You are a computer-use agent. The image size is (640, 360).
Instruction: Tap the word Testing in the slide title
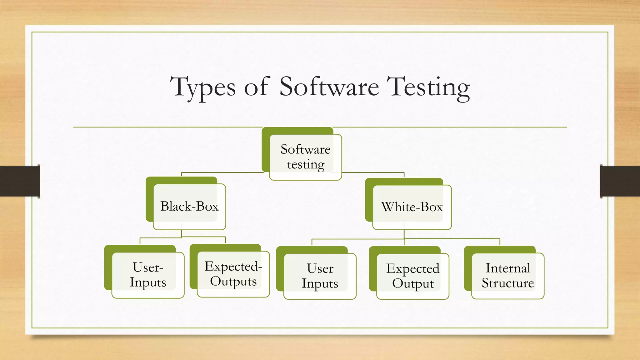(428, 87)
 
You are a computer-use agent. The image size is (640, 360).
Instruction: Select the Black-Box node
(189, 207)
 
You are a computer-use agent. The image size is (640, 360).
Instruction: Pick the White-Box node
(412, 207)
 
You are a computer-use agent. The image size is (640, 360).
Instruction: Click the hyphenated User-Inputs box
(148, 275)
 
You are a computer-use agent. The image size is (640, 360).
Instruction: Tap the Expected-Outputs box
(233, 274)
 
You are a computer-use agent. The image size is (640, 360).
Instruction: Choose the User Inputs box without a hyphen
(320, 276)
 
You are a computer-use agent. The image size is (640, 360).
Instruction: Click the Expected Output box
(412, 276)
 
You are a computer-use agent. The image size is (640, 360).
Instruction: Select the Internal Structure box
(507, 276)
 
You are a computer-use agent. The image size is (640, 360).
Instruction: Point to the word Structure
(507, 283)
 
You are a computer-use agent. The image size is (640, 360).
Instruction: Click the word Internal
(507, 268)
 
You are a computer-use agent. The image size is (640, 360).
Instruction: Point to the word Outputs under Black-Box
(233, 281)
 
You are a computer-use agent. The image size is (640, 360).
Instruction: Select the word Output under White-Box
(413, 284)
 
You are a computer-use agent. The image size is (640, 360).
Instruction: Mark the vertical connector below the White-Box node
(404, 234)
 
